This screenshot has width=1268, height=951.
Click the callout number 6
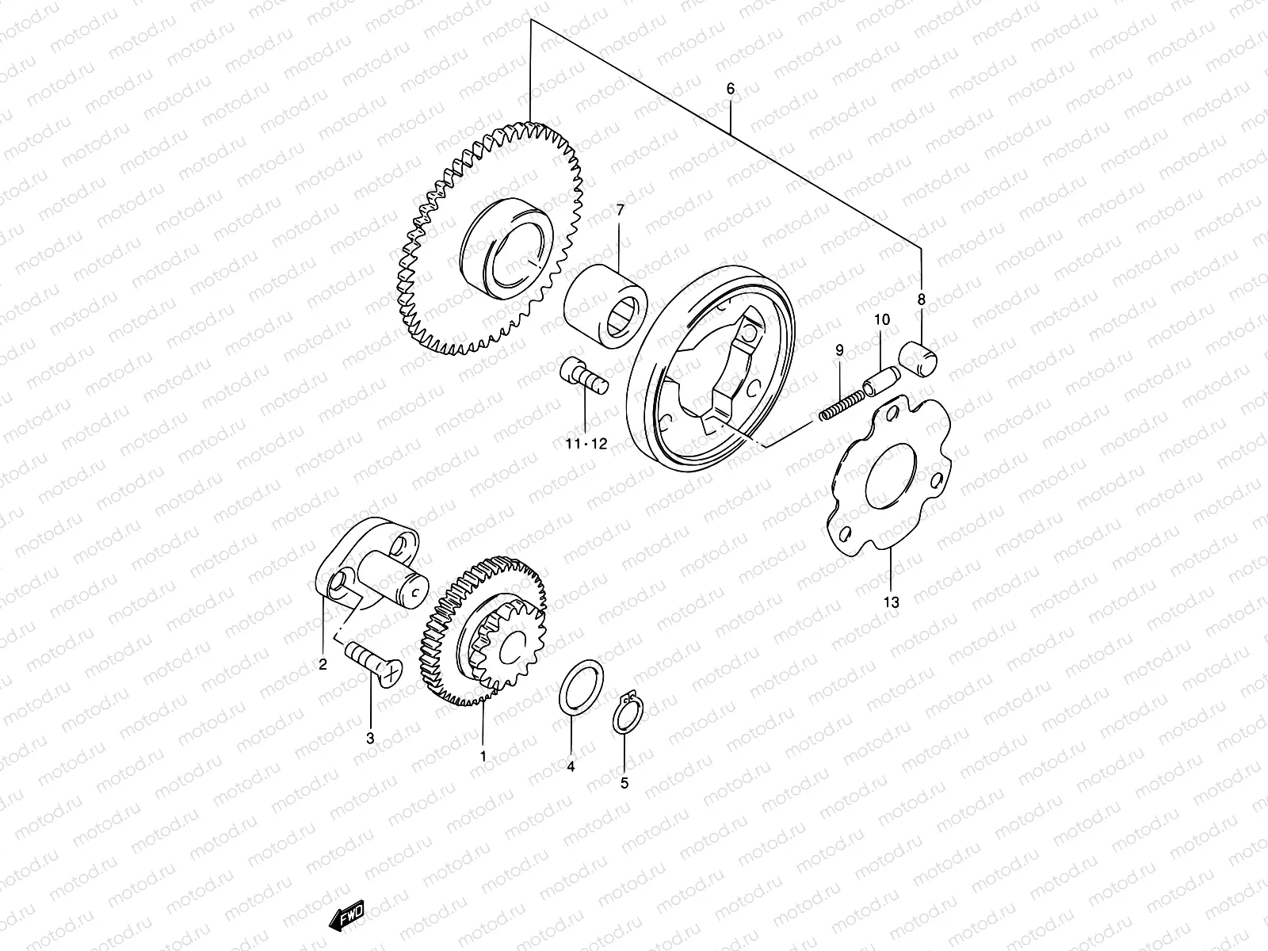coord(730,89)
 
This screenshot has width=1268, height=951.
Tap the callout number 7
coord(620,211)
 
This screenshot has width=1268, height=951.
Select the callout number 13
coord(892,602)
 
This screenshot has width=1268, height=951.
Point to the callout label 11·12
coord(586,444)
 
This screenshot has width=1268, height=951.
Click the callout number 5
coord(624,783)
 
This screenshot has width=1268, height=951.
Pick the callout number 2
coord(323,665)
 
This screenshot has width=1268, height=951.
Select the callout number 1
coord(483,756)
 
